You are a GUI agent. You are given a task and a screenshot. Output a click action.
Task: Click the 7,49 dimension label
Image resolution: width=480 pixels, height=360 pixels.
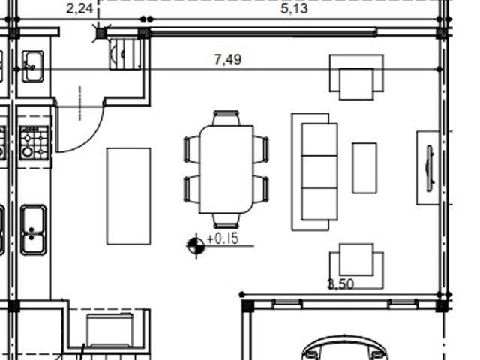coord(228,60)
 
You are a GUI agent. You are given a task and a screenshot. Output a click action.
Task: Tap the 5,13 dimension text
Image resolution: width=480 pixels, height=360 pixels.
coord(294,8)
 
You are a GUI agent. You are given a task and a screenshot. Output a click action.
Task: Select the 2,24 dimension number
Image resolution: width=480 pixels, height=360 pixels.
coord(79,8)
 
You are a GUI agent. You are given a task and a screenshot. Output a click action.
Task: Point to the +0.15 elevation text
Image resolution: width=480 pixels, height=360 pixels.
coord(223,238)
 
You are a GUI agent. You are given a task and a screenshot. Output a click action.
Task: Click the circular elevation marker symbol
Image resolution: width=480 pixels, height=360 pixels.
coord(196,245)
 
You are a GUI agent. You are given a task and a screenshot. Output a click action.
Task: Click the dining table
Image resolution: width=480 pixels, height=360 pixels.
coord(226,169)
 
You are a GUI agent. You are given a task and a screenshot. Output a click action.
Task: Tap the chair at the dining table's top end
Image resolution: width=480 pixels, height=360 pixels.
coord(226,118)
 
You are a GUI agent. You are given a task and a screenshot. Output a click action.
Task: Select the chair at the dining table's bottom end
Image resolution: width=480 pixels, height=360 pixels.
coord(226,221)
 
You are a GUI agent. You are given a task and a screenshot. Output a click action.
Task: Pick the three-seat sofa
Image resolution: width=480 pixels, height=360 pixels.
coord(315,172)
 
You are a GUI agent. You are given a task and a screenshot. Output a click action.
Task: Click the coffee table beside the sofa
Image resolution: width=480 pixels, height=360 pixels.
coord(364,168)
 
